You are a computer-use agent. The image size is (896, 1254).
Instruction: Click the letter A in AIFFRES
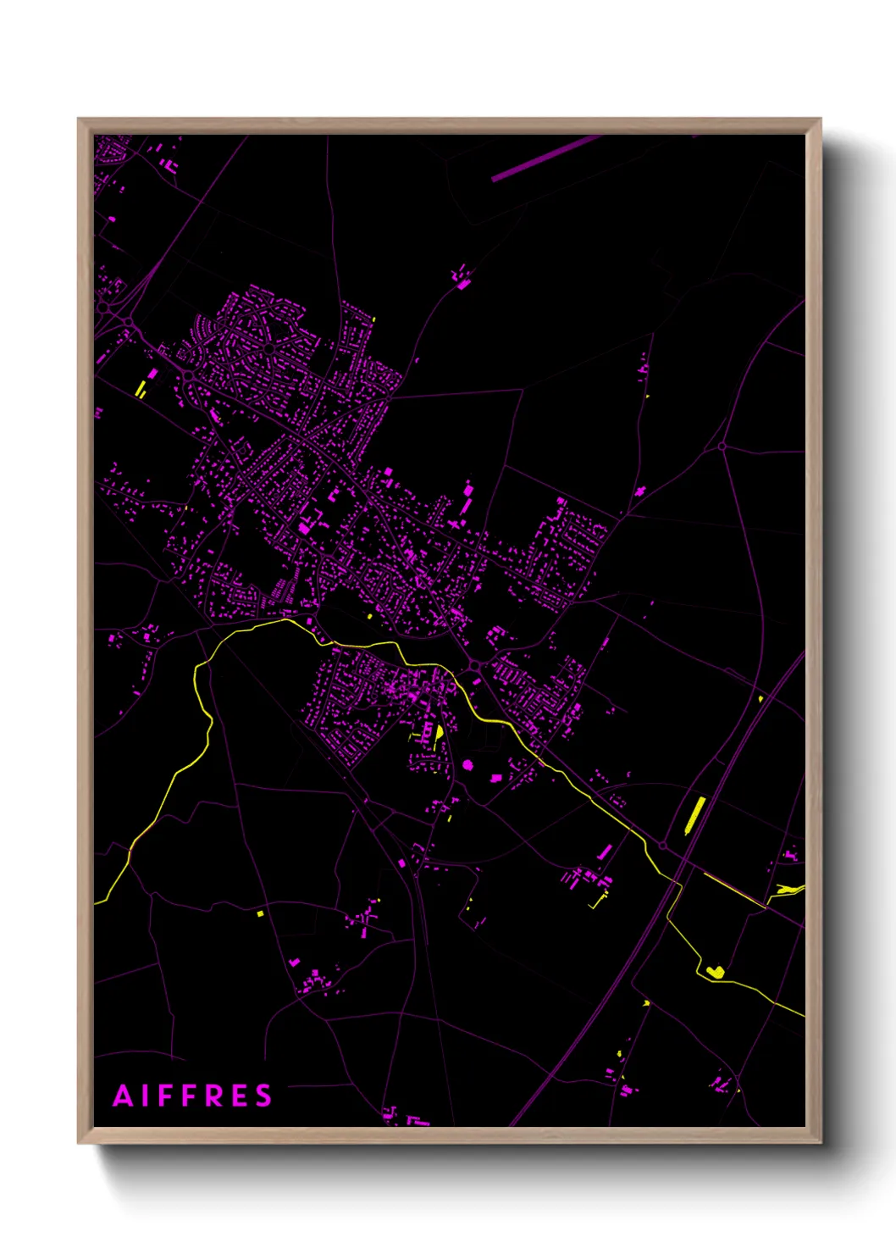[x=124, y=1096]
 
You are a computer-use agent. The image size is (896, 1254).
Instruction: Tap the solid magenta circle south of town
[x=468, y=765]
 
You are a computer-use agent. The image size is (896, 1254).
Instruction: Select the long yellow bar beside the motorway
[x=694, y=815]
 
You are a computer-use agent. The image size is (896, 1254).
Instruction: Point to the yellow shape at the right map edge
[x=790, y=889]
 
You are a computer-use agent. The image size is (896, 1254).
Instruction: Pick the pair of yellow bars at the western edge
[x=141, y=390]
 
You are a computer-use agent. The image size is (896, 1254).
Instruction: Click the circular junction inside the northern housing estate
[x=268, y=347]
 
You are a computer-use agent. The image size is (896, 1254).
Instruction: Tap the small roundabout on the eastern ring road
[x=722, y=446]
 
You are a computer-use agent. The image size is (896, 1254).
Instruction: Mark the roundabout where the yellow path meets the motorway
[x=662, y=846]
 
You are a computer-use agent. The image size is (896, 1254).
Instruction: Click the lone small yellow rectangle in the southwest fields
[x=261, y=913]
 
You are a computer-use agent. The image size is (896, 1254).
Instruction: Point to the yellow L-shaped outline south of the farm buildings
[x=599, y=902]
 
